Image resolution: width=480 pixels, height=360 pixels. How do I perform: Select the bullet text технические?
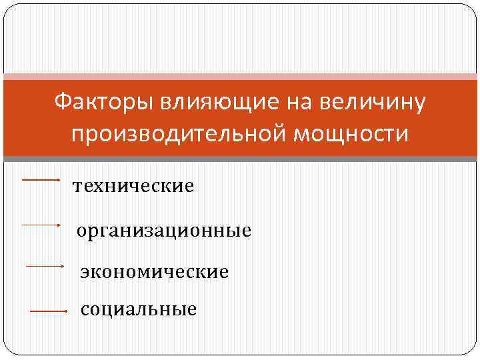pyautogui.click(x=133, y=186)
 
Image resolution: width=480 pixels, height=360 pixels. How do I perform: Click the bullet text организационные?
pyautogui.click(x=164, y=231)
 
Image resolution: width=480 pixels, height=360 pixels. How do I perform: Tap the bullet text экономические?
pyautogui.click(x=154, y=272)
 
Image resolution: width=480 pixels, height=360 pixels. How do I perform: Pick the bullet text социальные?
pyautogui.click(x=139, y=309)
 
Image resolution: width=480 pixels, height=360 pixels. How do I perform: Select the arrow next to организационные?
pyautogui.click(x=41, y=225)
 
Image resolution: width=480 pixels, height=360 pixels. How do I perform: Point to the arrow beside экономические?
pyautogui.click(x=44, y=266)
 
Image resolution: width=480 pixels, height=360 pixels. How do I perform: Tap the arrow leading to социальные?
pyautogui.click(x=49, y=311)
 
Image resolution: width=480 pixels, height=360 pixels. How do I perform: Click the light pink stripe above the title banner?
pyautogui.click(x=240, y=77)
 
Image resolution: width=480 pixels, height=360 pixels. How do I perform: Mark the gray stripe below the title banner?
pyautogui.click(x=240, y=159)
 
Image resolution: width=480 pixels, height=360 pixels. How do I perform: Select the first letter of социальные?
pyautogui.click(x=84, y=310)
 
